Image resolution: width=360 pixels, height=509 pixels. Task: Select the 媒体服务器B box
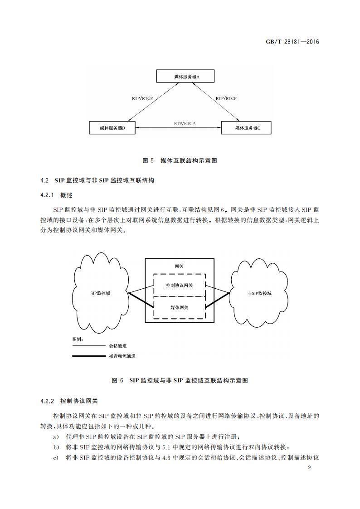[x=112, y=128]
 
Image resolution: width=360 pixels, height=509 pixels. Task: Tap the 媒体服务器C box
[x=247, y=128]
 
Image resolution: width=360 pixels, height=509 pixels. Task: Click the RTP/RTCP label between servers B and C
[x=184, y=123]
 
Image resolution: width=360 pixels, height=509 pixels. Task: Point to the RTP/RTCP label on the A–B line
[x=142, y=98]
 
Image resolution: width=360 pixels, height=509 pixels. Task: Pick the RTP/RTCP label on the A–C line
[x=226, y=98]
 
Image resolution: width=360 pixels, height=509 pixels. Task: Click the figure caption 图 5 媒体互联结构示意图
[x=180, y=161]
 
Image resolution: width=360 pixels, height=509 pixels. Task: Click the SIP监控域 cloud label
[x=100, y=293]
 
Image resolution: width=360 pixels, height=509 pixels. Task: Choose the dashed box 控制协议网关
[x=180, y=285]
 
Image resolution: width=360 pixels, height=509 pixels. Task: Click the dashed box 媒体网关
[x=180, y=307]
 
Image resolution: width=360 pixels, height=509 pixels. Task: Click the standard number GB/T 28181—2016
[x=292, y=42]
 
